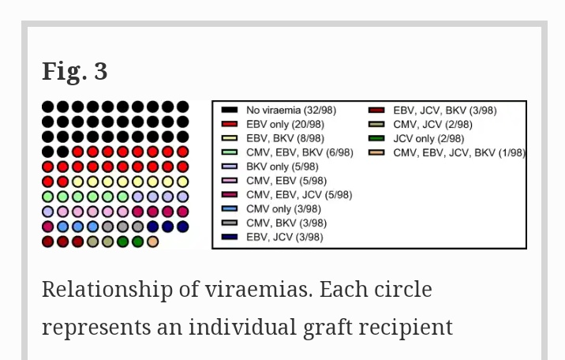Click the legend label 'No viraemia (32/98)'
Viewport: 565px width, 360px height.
click(290, 111)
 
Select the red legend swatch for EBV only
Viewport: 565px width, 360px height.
click(230, 125)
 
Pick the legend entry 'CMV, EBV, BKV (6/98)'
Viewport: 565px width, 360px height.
click(299, 152)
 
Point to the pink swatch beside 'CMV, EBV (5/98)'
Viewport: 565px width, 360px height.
click(230, 181)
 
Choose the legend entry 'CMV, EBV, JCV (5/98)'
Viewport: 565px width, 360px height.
click(299, 195)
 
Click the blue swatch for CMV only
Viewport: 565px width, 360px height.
click(230, 209)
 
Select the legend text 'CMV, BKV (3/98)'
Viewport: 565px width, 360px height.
click(286, 223)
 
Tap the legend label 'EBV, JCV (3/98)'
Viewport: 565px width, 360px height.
click(284, 237)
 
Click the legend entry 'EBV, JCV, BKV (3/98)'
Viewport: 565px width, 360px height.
click(445, 111)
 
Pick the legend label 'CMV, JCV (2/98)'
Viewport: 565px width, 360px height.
click(432, 125)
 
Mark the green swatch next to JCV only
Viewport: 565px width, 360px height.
click(377, 138)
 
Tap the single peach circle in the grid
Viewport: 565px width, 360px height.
click(153, 242)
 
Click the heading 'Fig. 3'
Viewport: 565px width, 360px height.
click(74, 72)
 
